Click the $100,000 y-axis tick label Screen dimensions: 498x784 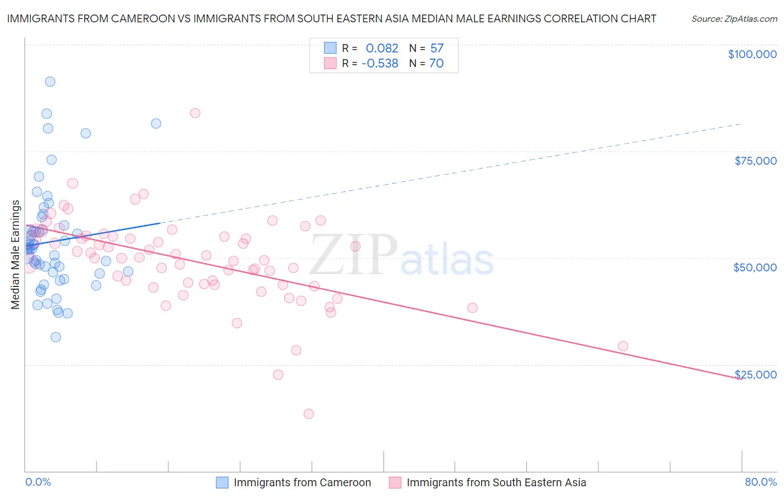(752, 54)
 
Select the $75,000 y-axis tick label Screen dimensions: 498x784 (755, 161)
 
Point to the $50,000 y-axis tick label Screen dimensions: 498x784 (754, 267)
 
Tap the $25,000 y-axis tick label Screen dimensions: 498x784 (755, 375)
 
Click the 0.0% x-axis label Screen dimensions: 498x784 (38, 482)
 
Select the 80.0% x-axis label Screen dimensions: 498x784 (761, 482)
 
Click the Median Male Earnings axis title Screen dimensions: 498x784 (16, 255)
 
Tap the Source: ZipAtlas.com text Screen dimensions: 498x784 (734, 18)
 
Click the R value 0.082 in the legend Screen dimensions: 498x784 (382, 48)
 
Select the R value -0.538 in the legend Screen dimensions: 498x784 (380, 63)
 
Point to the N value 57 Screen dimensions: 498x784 (437, 48)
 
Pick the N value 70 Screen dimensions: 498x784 (436, 63)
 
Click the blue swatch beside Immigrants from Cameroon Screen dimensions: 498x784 (222, 482)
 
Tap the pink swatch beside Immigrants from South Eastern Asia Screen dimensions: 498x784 (395, 482)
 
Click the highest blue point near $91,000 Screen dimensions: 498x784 (50, 82)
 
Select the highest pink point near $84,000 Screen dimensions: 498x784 (195, 113)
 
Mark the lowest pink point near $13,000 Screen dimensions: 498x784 (309, 414)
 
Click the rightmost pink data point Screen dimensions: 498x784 (623, 346)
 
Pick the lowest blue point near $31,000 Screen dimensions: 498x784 (56, 337)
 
